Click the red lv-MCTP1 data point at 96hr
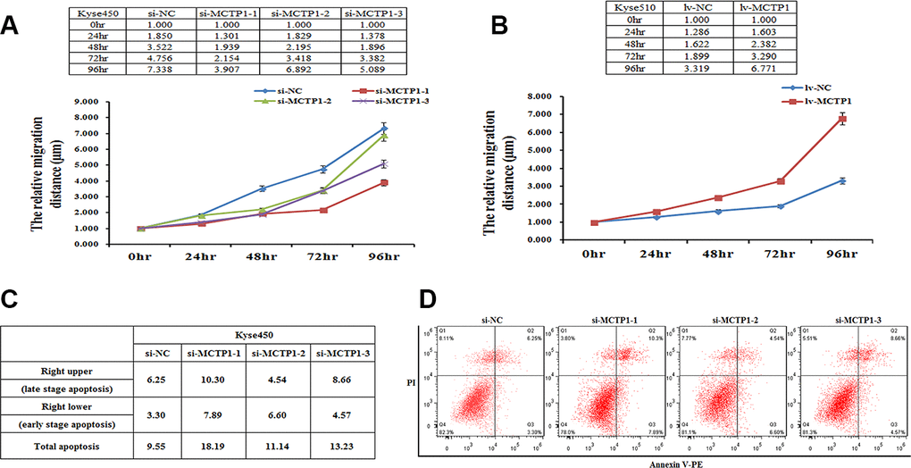coord(840,119)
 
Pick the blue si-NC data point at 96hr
coord(384,129)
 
